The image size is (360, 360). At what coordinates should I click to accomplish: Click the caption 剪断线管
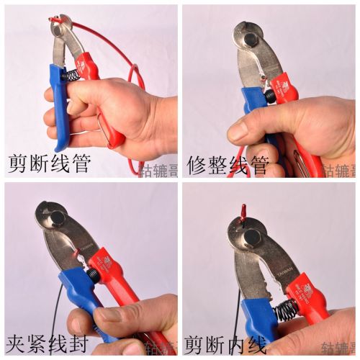[48, 165]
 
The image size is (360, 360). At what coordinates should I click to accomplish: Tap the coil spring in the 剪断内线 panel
[286, 310]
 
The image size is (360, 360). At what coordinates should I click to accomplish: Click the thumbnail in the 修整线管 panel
[238, 130]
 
